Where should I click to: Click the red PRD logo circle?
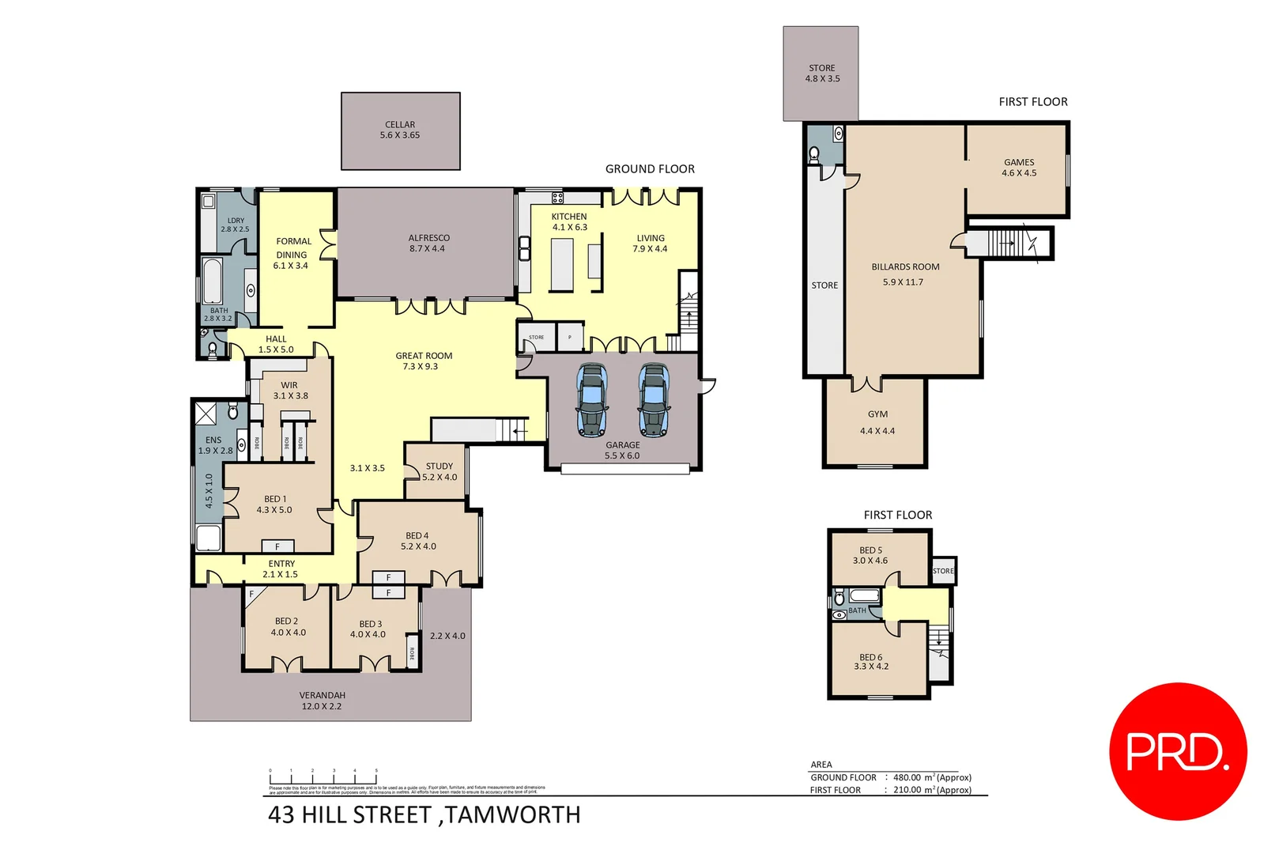[1178, 751]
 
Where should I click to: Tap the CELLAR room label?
[400, 130]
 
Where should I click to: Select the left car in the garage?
[592, 400]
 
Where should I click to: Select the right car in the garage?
[654, 400]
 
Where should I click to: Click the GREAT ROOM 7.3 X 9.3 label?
[424, 361]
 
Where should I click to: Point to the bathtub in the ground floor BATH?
[213, 281]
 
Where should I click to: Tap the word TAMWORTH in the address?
[513, 814]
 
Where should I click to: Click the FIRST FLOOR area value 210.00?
[907, 790]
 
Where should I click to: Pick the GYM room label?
[877, 414]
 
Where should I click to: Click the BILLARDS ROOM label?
[905, 267]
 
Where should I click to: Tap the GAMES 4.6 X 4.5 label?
[1019, 168]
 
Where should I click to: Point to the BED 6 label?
[871, 661]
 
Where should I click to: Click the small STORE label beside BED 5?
[943, 571]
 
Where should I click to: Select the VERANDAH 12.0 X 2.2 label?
[322, 701]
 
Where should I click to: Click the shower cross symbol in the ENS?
[206, 414]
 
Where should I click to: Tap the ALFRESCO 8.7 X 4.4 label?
[428, 243]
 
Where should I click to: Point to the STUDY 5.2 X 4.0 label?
[440, 471]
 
